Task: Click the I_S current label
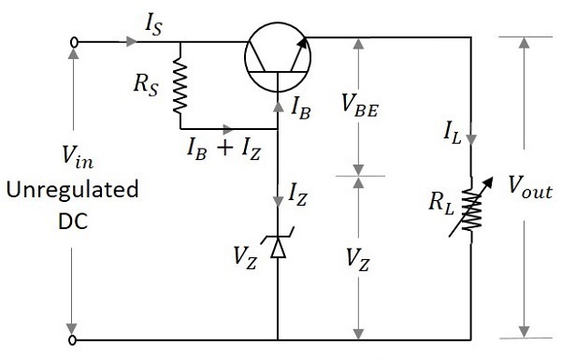point(153,24)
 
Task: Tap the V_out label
point(530,183)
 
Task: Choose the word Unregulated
point(72,191)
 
